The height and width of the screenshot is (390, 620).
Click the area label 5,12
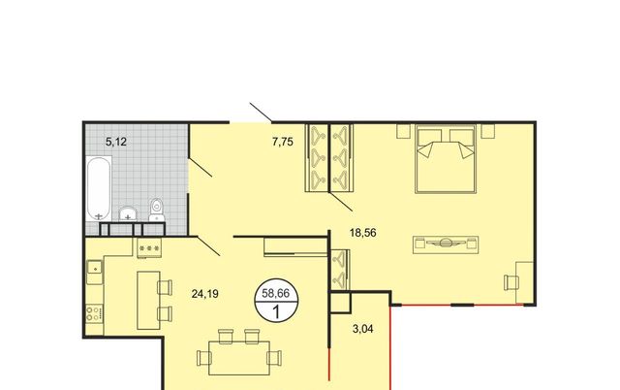click(x=116, y=142)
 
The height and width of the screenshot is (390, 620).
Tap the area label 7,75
click(x=283, y=142)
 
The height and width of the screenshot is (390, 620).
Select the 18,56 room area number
click(x=363, y=233)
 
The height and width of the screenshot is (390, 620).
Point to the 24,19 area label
click(x=204, y=294)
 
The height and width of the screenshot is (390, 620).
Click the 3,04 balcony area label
click(x=362, y=329)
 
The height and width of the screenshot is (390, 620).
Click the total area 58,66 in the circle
click(x=275, y=294)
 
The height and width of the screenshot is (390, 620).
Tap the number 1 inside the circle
click(x=276, y=312)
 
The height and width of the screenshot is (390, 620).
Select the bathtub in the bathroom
click(x=99, y=188)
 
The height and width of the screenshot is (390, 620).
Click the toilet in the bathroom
click(x=157, y=210)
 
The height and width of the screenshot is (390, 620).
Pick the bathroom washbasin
click(x=128, y=213)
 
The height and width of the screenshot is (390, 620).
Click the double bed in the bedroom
click(x=446, y=159)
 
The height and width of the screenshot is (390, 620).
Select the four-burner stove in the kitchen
click(x=95, y=314)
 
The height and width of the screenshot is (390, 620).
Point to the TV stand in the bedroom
click(x=446, y=244)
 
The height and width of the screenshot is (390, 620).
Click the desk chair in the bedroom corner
click(x=511, y=282)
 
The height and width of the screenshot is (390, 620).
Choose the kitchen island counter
click(x=148, y=300)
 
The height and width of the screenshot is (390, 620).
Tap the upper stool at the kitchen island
click(x=165, y=287)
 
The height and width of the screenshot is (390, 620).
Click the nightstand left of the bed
click(x=403, y=131)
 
